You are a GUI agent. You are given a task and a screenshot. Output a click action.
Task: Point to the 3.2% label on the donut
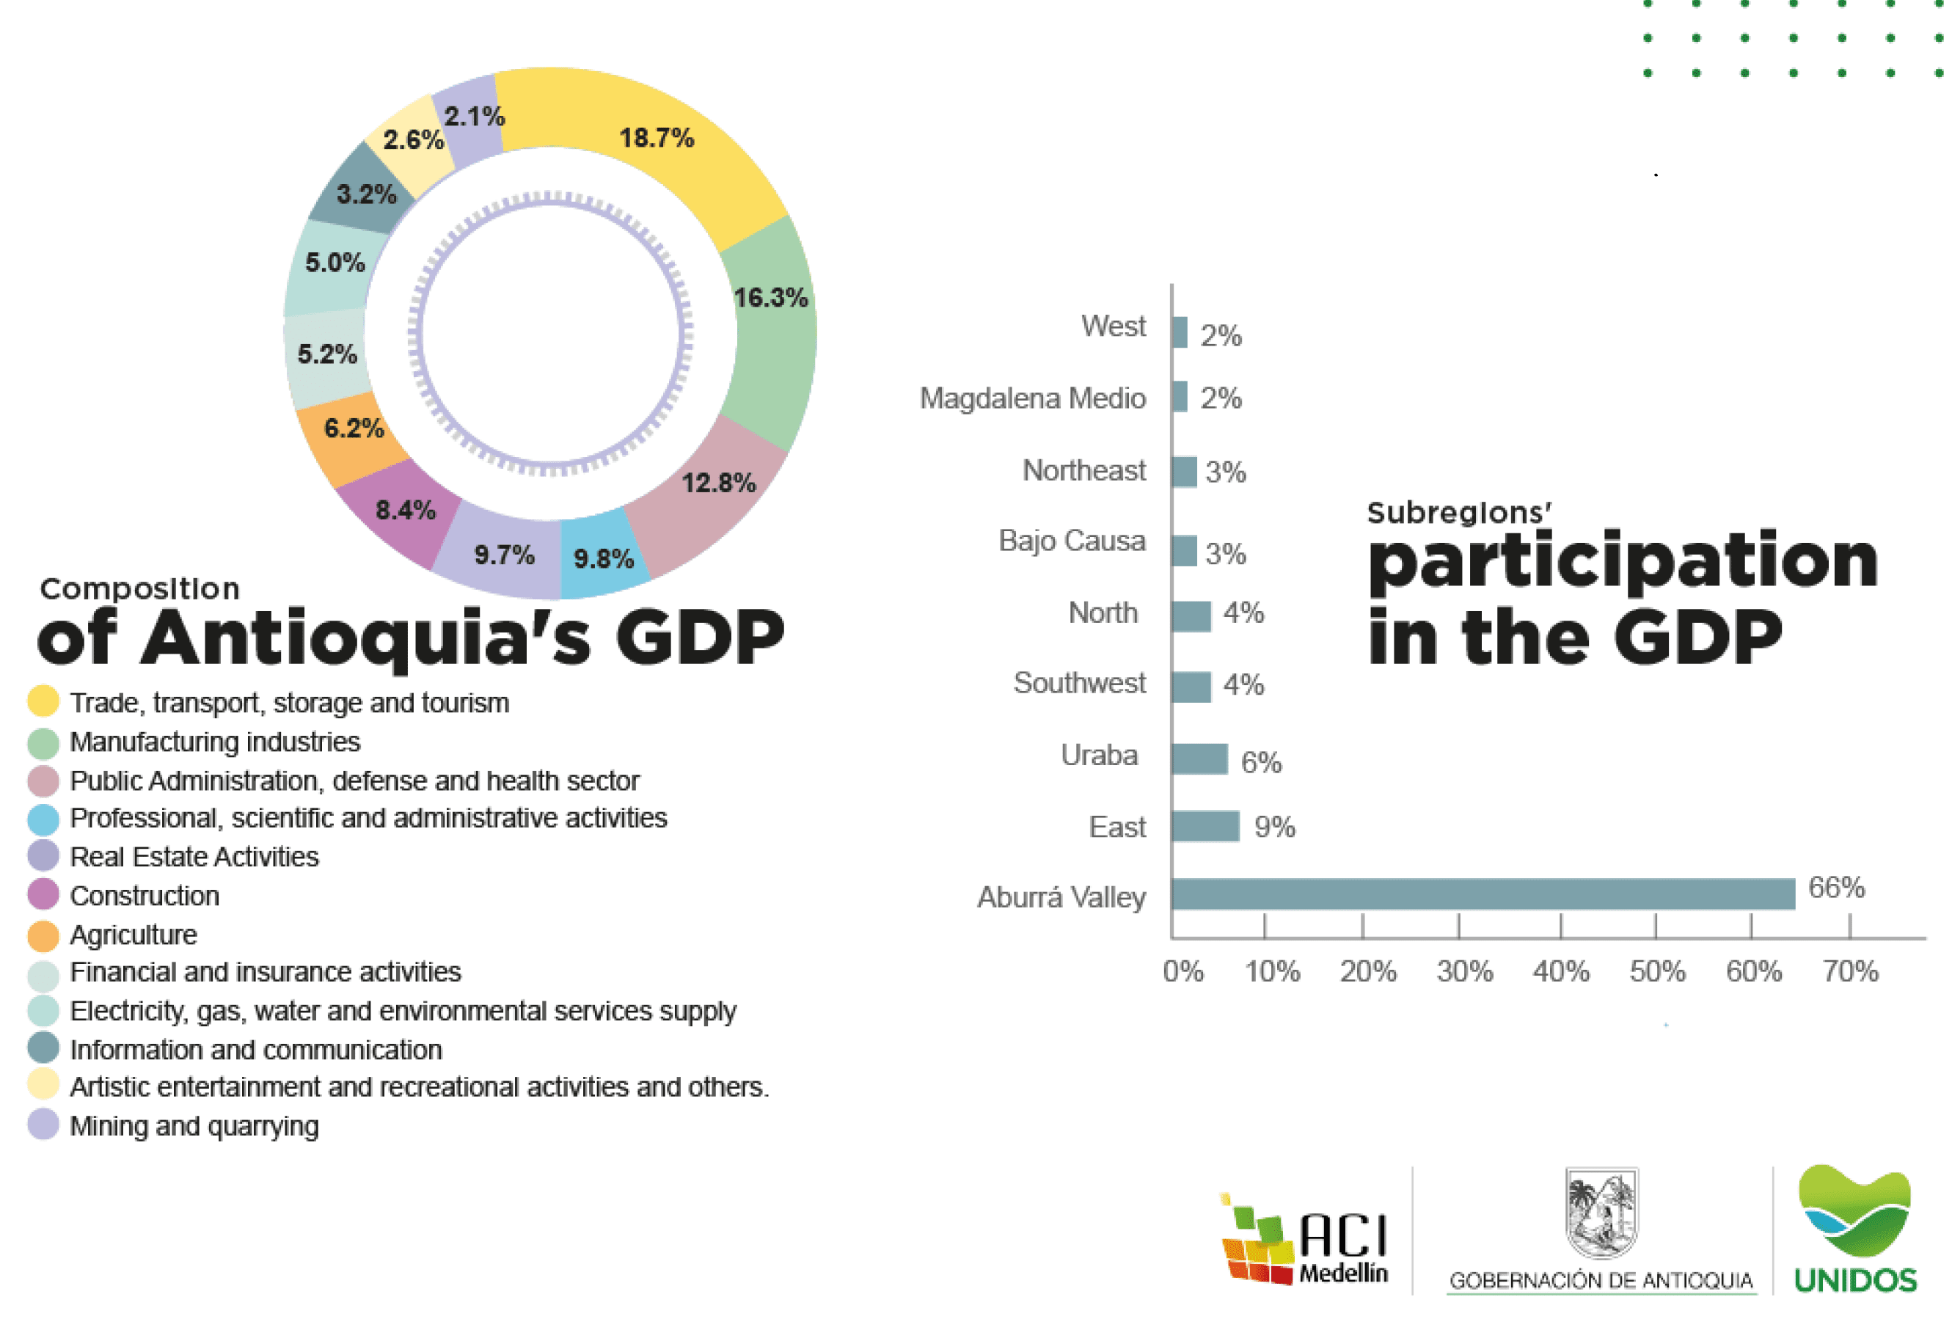tap(366, 194)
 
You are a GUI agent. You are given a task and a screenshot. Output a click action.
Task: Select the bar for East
tap(1205, 826)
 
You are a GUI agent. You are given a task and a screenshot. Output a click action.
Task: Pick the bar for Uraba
tap(1199, 759)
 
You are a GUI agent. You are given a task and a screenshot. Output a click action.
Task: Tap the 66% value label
tap(1836, 887)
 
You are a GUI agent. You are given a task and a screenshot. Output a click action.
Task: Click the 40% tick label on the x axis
tap(1560, 971)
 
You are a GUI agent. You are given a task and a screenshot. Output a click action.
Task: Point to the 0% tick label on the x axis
tap(1182, 971)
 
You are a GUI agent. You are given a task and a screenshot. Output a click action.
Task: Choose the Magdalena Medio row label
tap(1032, 398)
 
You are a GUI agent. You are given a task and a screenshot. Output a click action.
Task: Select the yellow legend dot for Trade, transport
tap(43, 701)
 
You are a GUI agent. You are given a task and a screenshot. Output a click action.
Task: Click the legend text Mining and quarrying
tap(194, 1126)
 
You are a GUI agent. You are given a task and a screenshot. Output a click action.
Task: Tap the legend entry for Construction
tap(145, 896)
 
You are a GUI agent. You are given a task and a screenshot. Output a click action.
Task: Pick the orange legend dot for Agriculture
tap(43, 935)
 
